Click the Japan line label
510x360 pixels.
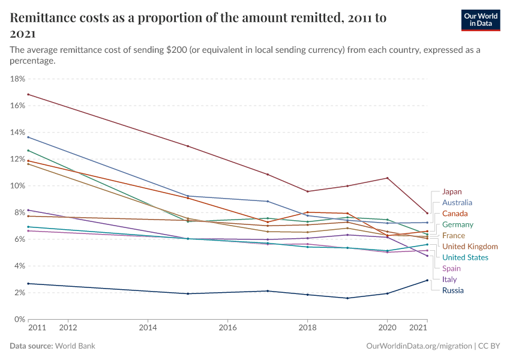point(452,192)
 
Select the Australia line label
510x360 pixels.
point(457,203)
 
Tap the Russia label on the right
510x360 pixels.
point(452,290)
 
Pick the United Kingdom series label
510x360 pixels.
point(469,247)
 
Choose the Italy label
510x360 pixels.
point(449,280)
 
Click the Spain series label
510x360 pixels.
point(451,269)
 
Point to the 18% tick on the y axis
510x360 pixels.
point(17,79)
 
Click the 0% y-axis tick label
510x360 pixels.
point(19,319)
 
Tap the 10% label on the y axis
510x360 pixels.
point(17,186)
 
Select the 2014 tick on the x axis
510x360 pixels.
point(148,328)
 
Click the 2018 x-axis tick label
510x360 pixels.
point(307,328)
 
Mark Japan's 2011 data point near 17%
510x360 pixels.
point(28,95)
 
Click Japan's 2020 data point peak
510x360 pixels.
point(387,178)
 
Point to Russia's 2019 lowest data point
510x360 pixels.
point(347,298)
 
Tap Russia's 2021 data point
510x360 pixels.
point(427,280)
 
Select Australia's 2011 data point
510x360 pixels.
point(28,137)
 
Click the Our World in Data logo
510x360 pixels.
point(481,20)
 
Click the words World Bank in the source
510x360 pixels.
point(75,346)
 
